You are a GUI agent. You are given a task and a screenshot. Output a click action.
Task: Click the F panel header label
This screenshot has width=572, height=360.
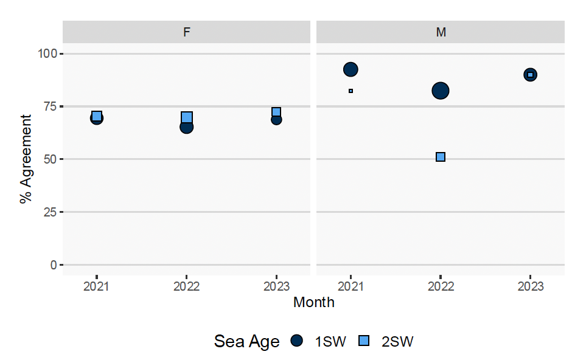pyautogui.click(x=186, y=32)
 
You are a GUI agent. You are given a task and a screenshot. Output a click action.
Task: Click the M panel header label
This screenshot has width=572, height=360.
pyautogui.click(x=441, y=32)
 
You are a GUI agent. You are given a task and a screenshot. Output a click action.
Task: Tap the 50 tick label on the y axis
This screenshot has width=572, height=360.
pyautogui.click(x=49, y=159)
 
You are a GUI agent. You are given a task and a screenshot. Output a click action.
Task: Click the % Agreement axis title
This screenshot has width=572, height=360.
pyautogui.click(x=26, y=159)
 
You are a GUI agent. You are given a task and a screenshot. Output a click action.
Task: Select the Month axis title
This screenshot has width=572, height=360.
pyautogui.click(x=313, y=302)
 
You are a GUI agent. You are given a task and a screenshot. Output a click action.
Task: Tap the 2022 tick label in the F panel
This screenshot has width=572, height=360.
pyautogui.click(x=186, y=286)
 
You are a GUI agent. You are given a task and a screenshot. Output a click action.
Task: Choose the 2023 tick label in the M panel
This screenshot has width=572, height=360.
pyautogui.click(x=530, y=286)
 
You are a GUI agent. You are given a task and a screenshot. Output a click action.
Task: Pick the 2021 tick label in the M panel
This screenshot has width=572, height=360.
pyautogui.click(x=351, y=286)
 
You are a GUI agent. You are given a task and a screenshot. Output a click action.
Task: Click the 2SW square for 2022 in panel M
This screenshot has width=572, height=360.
pyautogui.click(x=441, y=157)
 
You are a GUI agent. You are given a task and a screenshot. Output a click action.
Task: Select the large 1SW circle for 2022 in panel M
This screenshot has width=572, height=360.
pyautogui.click(x=441, y=91)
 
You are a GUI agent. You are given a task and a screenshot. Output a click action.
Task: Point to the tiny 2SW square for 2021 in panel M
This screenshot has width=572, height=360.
pyautogui.click(x=351, y=91)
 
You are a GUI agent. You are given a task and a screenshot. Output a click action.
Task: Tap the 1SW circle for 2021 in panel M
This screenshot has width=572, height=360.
pyautogui.click(x=351, y=69)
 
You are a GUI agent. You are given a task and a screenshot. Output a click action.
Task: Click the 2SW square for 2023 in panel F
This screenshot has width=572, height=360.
pyautogui.click(x=276, y=112)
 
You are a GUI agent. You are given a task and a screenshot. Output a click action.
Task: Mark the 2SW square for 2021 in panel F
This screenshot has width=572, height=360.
pyautogui.click(x=97, y=116)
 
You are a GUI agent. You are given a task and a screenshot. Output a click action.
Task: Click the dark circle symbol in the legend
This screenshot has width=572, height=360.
pyautogui.click(x=296, y=342)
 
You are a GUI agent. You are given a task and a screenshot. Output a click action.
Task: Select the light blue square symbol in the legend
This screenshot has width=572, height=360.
pyautogui.click(x=363, y=342)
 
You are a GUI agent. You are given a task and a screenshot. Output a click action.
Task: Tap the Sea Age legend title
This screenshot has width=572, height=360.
pyautogui.click(x=246, y=342)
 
